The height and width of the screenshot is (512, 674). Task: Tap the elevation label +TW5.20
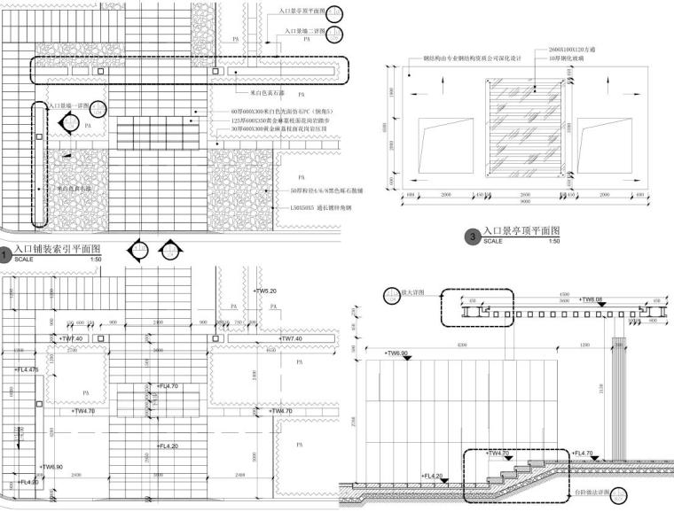(x=266, y=291)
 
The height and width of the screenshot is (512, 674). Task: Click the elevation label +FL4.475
(x=27, y=369)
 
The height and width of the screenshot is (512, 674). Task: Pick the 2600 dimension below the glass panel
(x=525, y=194)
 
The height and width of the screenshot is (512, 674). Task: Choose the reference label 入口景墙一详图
(x=76, y=105)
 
